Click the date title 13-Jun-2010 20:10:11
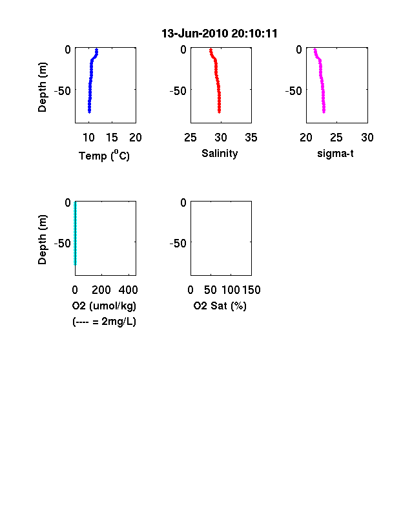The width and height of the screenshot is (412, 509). tap(220, 34)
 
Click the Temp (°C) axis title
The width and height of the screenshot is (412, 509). tap(104, 156)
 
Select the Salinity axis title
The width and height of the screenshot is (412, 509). tap(220, 154)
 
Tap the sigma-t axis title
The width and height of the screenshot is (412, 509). tap(335, 153)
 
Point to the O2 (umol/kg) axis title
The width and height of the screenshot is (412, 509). tap(104, 306)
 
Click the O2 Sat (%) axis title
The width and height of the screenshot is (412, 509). tap(220, 306)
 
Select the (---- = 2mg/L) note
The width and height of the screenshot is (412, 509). tap(104, 322)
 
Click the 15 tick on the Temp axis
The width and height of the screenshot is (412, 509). tap(112, 138)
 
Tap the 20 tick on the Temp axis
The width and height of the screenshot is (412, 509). tap(136, 138)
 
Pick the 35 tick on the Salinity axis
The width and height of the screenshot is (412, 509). tap(251, 138)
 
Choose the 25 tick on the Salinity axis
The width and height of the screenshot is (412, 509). tap(191, 138)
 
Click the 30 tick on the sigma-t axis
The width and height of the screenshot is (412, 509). tap(367, 138)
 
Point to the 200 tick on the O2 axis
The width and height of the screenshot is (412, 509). tap(101, 290)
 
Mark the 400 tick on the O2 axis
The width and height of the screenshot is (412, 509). tap(128, 290)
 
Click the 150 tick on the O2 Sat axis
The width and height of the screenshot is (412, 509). tap(251, 290)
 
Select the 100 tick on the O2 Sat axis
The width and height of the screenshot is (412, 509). tap(231, 290)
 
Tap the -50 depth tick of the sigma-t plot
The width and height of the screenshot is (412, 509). tap(294, 91)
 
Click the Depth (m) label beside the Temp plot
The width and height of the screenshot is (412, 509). tap(42, 87)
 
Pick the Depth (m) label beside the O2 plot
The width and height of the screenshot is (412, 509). tap(42, 240)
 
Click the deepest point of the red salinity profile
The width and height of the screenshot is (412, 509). tap(220, 112)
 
